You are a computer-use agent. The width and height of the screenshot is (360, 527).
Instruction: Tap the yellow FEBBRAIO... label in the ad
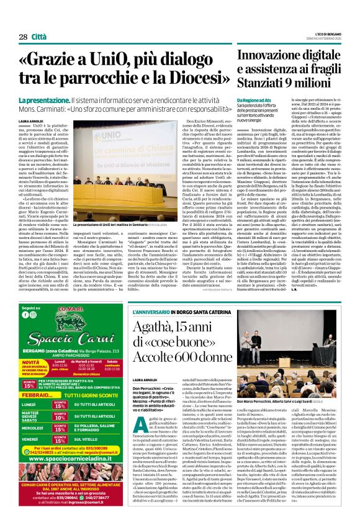[x=33, y=394]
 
